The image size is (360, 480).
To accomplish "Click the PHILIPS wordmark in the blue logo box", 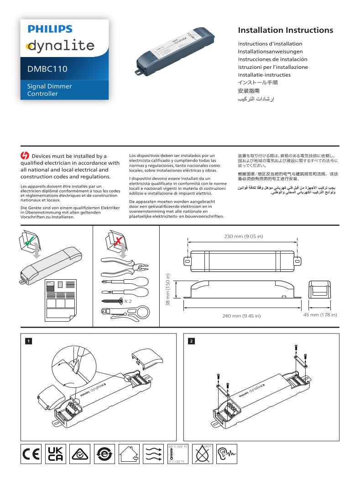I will click(50, 29).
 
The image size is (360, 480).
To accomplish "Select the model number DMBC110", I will click(47, 69).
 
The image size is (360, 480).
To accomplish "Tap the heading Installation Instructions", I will click(285, 31).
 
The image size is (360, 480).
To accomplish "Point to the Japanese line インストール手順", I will click(258, 83).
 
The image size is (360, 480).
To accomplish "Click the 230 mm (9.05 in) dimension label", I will click(244, 236).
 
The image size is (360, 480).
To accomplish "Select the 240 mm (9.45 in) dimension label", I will click(241, 316).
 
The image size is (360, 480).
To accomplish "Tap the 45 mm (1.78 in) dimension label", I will click(320, 315).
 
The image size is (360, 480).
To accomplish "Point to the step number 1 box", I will click(28, 341).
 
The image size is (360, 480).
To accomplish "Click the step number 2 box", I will click(191, 341).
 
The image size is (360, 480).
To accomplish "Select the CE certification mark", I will click(31, 454).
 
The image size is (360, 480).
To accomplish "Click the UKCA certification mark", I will click(55, 454).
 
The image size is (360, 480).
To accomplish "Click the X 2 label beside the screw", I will click(128, 302).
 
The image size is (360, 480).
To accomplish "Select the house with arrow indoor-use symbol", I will click(129, 454).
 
